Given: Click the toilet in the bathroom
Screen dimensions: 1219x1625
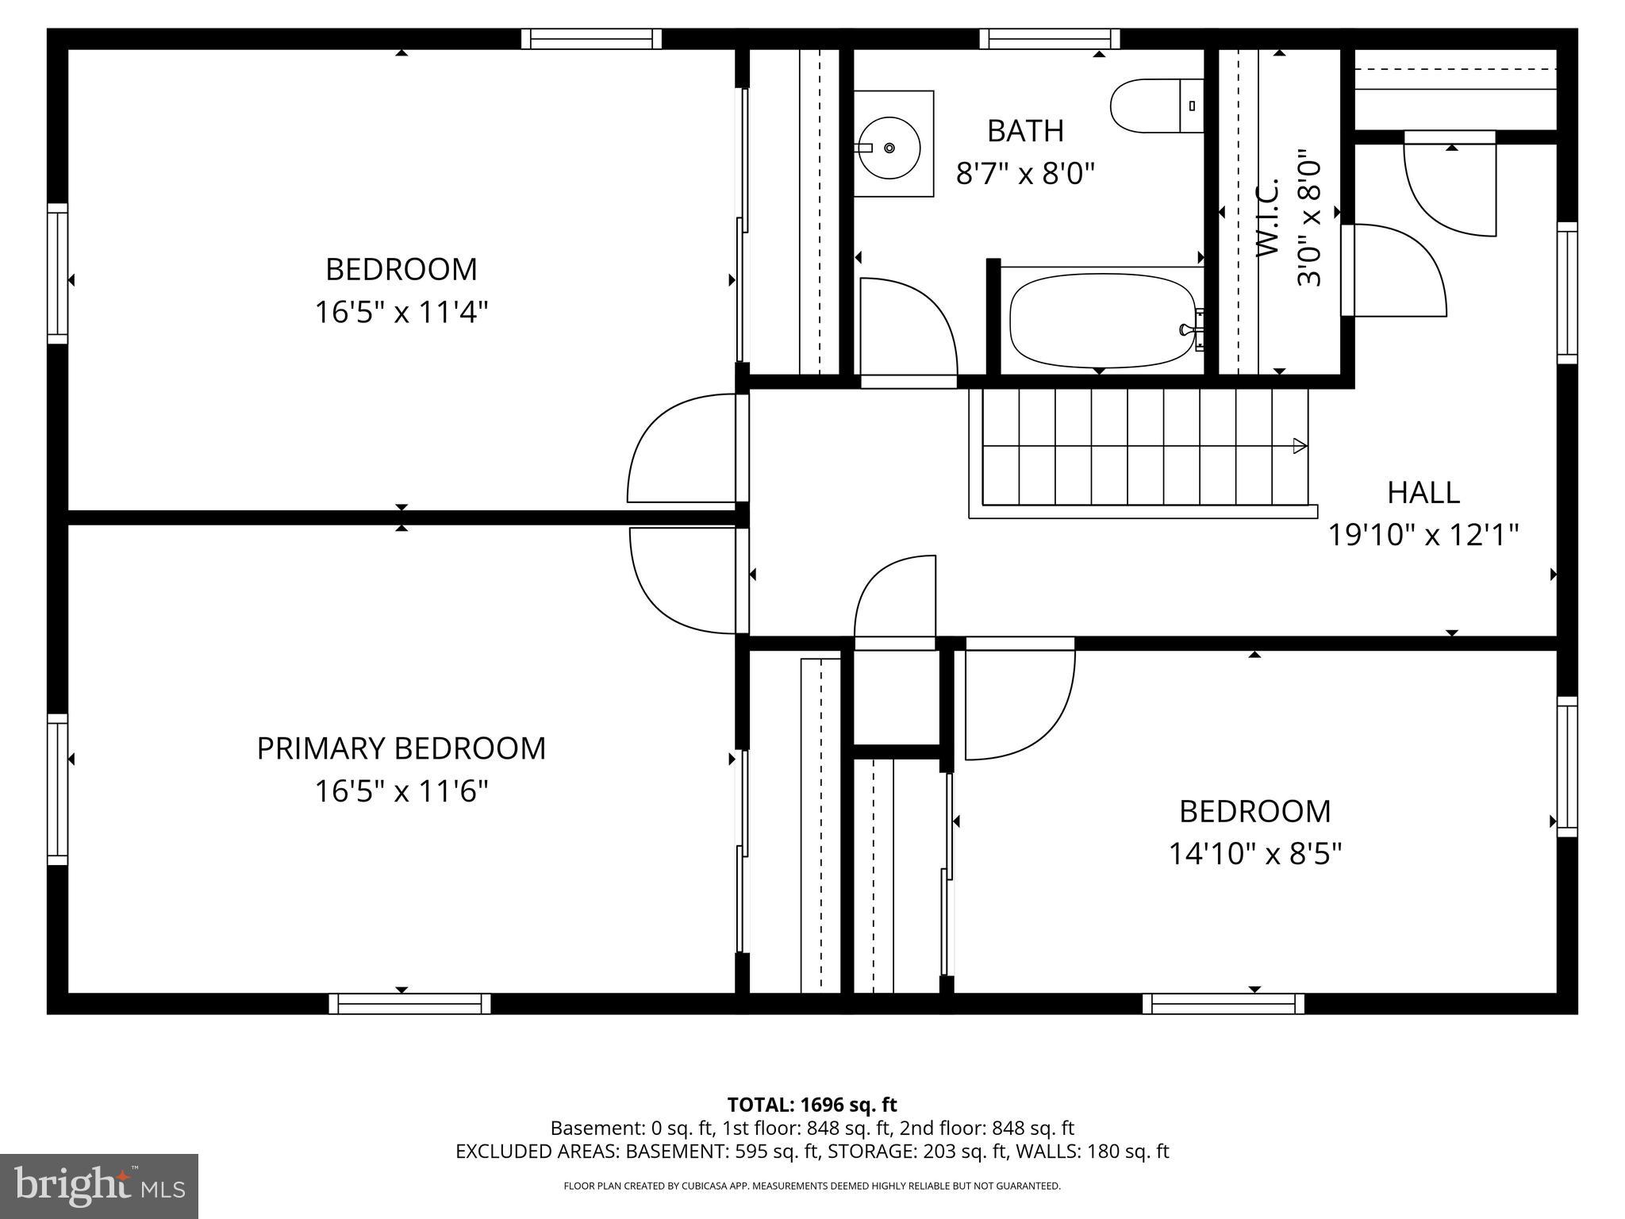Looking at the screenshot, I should click(x=1154, y=106).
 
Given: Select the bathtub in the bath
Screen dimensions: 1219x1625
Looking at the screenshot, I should click(x=1101, y=321).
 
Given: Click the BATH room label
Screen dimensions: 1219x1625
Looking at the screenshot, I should click(x=1025, y=131).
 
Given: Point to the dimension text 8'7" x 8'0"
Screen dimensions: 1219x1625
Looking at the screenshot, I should click(x=1025, y=173).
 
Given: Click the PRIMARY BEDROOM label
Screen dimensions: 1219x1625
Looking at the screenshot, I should click(x=401, y=748).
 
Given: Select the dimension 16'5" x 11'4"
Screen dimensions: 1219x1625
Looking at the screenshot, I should click(x=401, y=312).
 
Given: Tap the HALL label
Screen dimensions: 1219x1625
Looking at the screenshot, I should click(x=1423, y=493).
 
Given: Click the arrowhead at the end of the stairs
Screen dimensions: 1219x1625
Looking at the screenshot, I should click(x=1300, y=446).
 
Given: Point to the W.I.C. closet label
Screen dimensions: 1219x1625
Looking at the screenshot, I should click(x=1267, y=217).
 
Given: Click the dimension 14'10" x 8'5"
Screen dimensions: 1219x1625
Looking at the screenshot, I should click(x=1254, y=855).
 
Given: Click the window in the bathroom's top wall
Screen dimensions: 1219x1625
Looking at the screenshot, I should click(x=1049, y=39).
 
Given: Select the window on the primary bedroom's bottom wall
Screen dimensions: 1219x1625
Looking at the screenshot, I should click(x=409, y=1004).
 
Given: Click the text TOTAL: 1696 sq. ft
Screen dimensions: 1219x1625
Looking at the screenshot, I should click(x=812, y=1105).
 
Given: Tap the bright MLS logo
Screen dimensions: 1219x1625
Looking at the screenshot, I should click(x=99, y=1186).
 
